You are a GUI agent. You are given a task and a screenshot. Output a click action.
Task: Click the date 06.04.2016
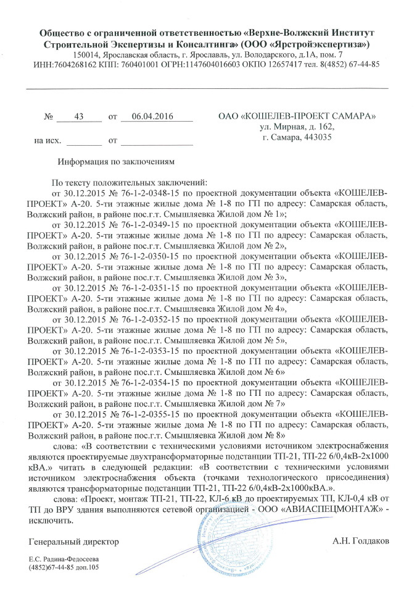(x=150, y=116)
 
